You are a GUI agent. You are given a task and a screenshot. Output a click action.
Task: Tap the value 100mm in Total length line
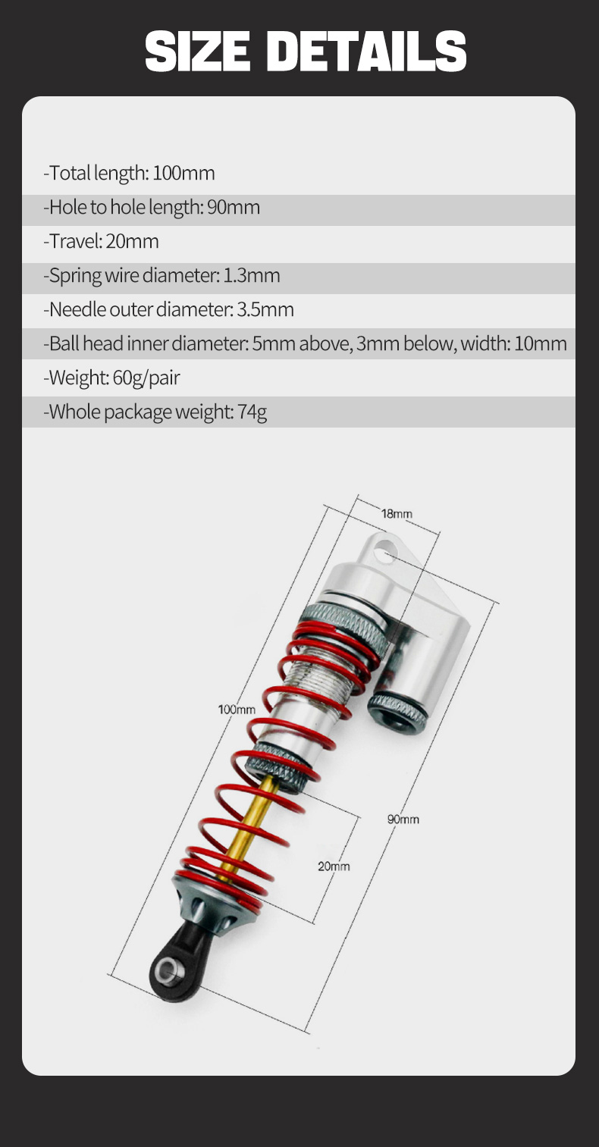183,174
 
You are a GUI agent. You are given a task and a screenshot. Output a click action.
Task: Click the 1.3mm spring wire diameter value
251,275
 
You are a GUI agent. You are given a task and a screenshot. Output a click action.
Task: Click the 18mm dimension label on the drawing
397,514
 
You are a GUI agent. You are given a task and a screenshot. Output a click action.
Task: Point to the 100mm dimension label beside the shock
237,710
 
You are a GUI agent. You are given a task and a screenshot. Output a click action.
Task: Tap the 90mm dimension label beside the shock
403,820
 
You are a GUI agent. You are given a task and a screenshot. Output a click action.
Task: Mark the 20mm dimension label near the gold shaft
334,867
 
